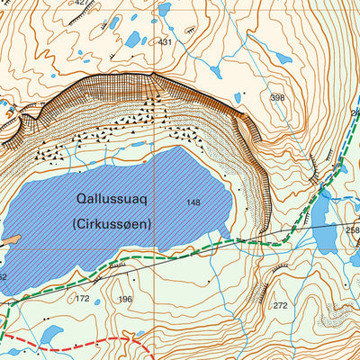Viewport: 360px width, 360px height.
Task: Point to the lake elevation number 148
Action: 193,202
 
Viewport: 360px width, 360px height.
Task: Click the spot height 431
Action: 165,42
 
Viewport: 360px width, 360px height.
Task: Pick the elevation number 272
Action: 281,306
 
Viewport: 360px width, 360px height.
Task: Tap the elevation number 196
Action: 124,299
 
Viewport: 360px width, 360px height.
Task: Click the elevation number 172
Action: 83,298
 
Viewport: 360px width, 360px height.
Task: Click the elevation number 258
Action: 352,230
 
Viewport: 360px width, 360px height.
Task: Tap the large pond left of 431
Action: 133,40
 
